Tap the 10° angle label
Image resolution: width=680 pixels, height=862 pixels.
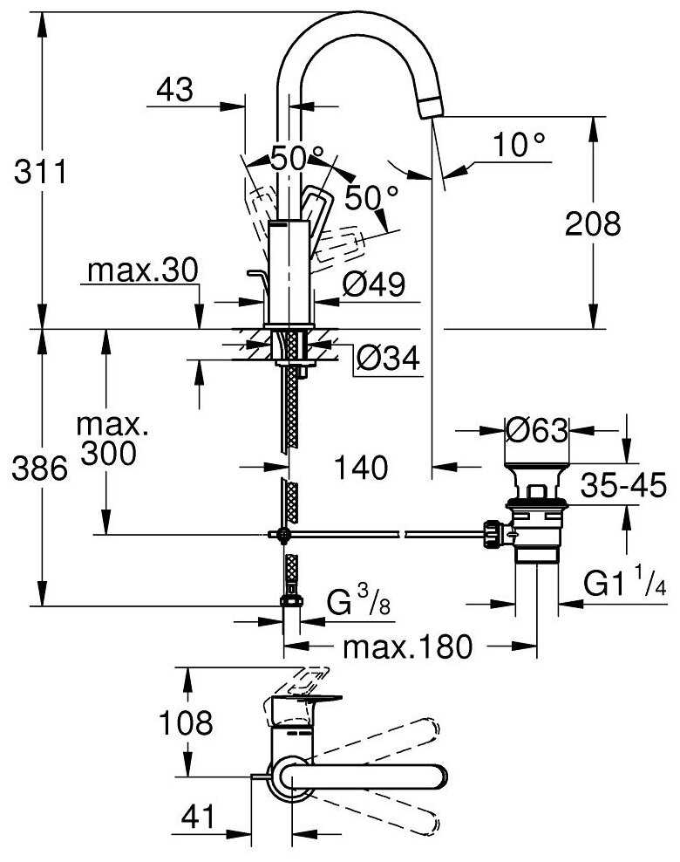point(520,146)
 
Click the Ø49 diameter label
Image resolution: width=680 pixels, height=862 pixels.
point(373,284)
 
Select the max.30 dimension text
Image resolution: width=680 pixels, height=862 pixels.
point(141,270)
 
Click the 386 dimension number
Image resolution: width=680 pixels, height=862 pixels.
point(38,470)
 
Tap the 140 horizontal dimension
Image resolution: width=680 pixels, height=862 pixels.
point(361,469)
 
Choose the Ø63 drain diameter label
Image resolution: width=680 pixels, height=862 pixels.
point(536,430)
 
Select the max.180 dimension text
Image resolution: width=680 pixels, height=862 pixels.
point(407,647)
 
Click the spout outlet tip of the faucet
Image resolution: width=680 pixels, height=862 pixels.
point(431,107)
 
